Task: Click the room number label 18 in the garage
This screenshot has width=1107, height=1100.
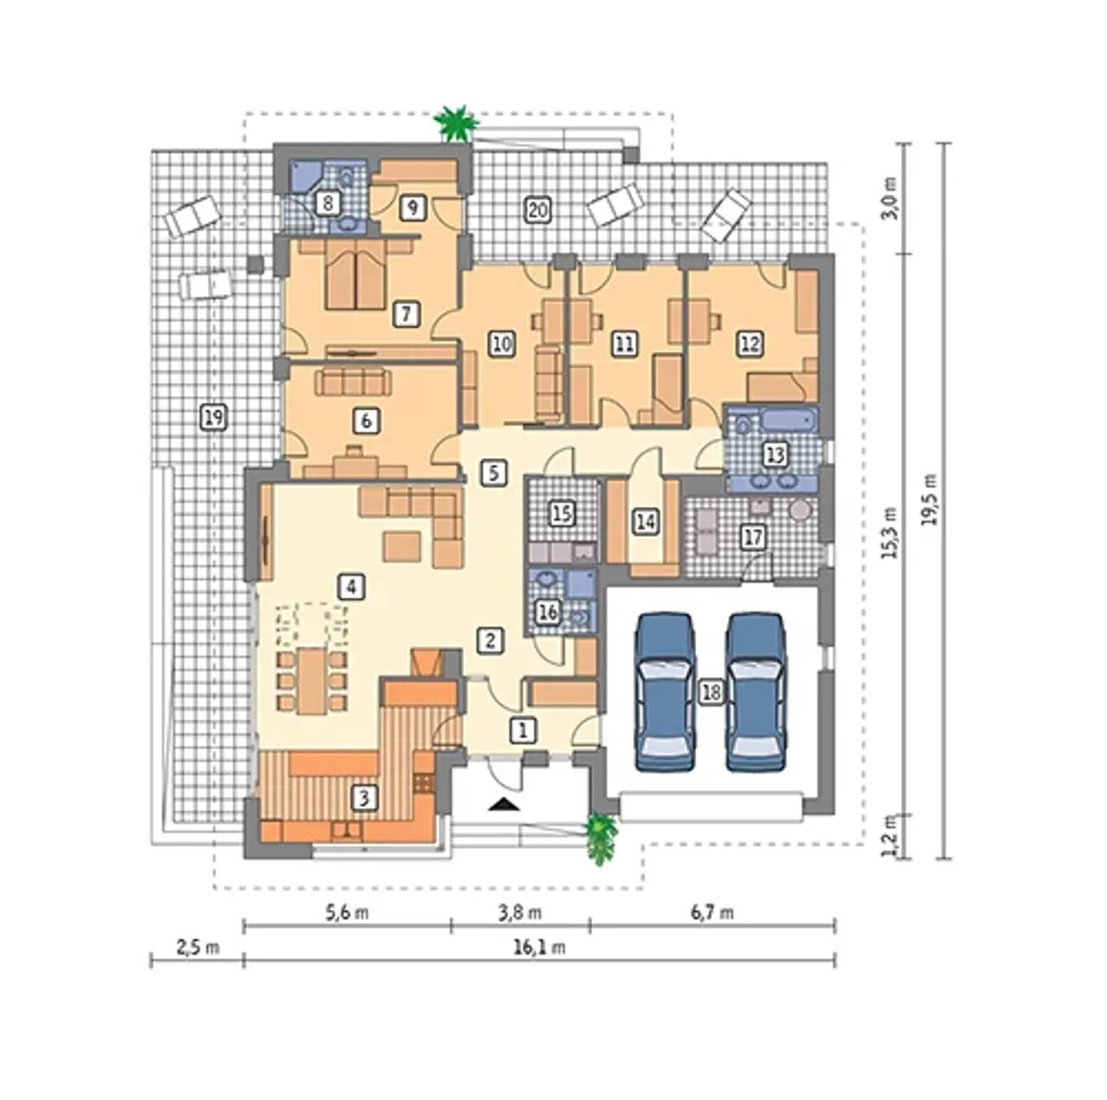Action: tap(711, 692)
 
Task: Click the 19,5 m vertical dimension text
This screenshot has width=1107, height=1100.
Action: tap(930, 500)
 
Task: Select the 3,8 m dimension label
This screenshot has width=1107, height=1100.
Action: tap(519, 912)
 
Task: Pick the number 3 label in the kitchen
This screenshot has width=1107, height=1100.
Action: tap(364, 797)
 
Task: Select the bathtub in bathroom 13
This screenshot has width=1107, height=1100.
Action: tap(788, 421)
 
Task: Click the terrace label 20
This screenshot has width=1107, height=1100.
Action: tap(537, 210)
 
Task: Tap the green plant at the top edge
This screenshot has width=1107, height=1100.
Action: tap(457, 123)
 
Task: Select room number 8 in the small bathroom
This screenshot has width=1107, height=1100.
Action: tap(328, 203)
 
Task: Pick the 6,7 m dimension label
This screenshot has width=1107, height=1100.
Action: tap(711, 912)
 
